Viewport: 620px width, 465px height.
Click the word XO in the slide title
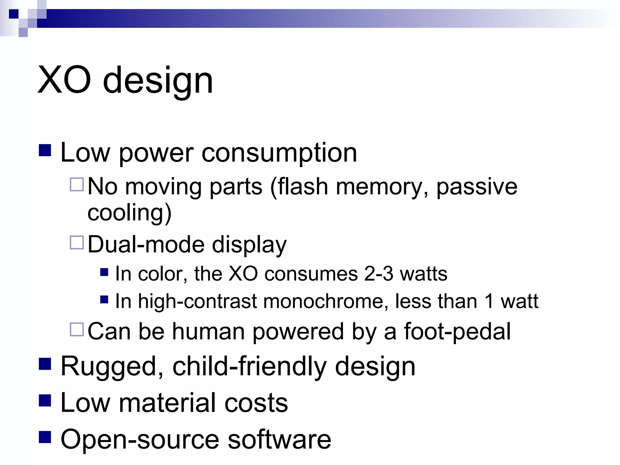coord(64,81)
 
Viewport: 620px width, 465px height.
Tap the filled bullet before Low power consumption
coord(45,150)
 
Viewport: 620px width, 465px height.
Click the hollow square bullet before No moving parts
coord(77,184)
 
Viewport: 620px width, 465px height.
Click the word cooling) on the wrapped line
coord(130,213)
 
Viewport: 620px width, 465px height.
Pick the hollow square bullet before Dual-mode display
coord(77,242)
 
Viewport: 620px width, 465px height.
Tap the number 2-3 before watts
coord(378,274)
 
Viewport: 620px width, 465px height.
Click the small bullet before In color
coord(104,272)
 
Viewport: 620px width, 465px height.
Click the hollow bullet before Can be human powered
coord(77,330)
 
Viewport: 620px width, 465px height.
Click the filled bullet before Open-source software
coord(45,437)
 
